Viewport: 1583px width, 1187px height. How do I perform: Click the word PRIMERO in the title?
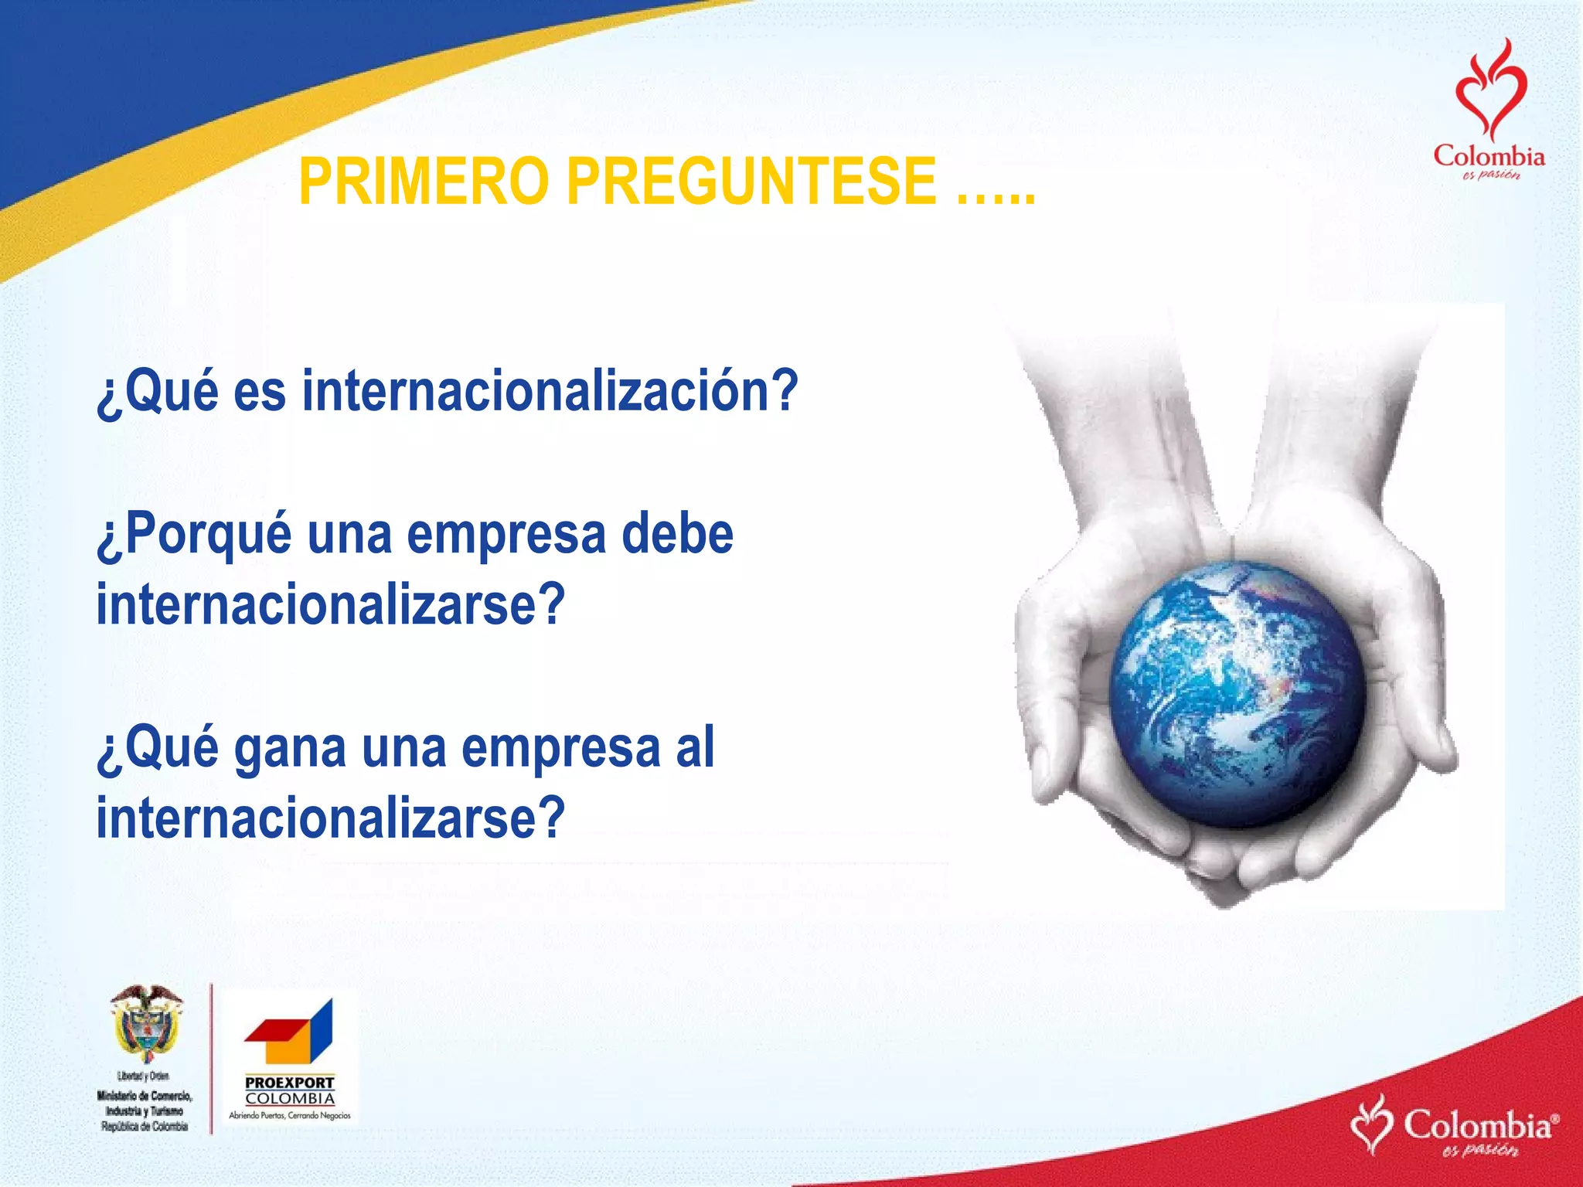tap(423, 182)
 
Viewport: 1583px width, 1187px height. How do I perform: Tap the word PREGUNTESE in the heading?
tap(752, 182)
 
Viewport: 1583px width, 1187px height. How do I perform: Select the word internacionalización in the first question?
tap(549, 391)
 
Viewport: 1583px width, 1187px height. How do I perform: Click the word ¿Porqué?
tap(194, 535)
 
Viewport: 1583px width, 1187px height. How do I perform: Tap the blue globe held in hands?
tap(1237, 693)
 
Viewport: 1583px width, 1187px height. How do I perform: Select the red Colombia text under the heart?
tap(1489, 157)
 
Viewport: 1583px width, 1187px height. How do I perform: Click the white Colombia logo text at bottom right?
tap(1477, 1125)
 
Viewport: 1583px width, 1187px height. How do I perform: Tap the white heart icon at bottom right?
tap(1372, 1124)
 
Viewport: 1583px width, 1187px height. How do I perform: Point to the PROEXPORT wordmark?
tap(290, 1083)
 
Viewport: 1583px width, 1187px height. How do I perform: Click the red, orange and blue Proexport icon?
tap(290, 1032)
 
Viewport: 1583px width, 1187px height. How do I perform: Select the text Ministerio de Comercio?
tap(145, 1095)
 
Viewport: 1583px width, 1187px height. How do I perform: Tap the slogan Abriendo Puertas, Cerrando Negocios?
tap(290, 1115)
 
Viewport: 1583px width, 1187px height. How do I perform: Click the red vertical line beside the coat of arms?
tap(211, 1058)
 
